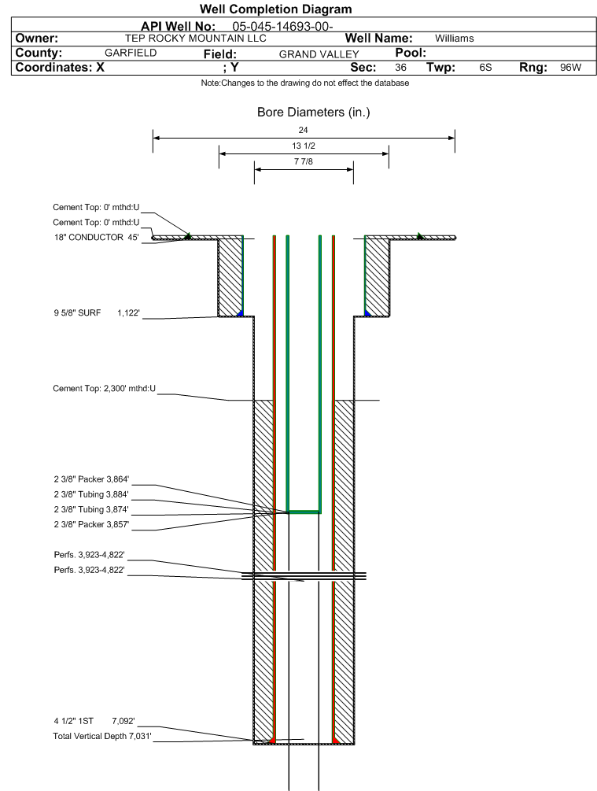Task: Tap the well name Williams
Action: point(454,38)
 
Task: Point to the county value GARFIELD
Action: point(131,53)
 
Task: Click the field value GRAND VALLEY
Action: point(319,54)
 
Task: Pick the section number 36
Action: point(400,68)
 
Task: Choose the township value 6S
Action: point(485,68)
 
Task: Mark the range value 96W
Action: point(570,68)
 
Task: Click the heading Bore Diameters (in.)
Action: point(313,113)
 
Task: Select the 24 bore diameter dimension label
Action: point(304,130)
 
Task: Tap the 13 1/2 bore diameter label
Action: point(303,146)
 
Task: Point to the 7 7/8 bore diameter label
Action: point(303,163)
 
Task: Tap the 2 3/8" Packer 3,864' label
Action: point(90,479)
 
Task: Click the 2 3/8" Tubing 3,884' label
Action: point(90,493)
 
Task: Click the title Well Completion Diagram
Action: point(276,9)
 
